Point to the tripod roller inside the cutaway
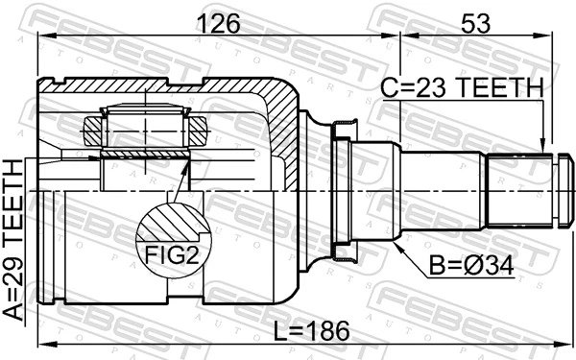[146, 125]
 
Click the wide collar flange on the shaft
[343, 196]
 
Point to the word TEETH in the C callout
[502, 88]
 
